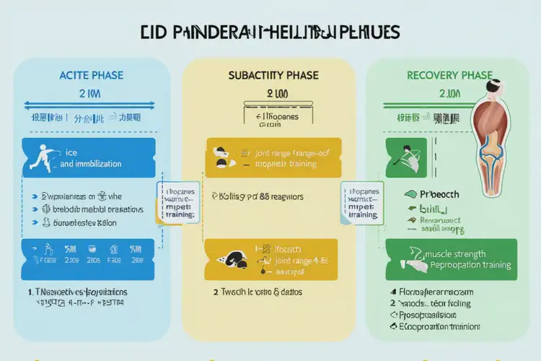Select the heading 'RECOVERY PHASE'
pyautogui.click(x=449, y=75)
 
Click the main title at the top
pyautogui.click(x=270, y=33)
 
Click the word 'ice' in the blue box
pyautogui.click(x=71, y=152)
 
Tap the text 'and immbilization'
pyautogui.click(x=91, y=164)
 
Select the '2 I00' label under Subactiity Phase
pyautogui.click(x=277, y=94)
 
